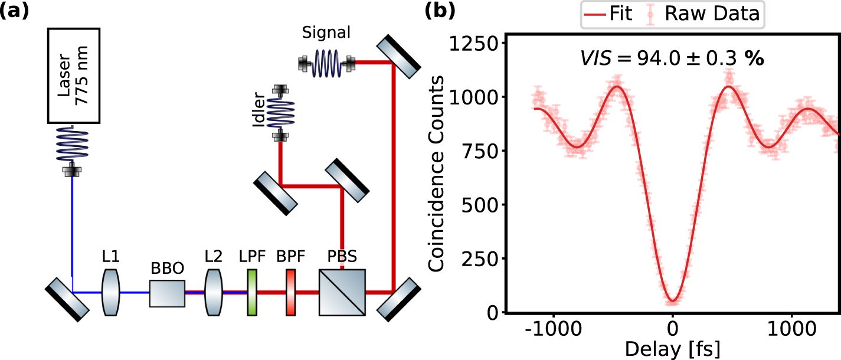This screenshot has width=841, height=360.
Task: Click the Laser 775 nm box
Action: (x=73, y=76)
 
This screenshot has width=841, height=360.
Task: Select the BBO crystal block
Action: (x=167, y=293)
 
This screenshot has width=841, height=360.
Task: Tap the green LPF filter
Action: (x=252, y=292)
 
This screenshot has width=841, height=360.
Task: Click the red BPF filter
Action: (x=290, y=292)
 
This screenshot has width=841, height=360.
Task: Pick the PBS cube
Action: (x=342, y=293)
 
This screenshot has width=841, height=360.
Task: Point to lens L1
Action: (x=110, y=292)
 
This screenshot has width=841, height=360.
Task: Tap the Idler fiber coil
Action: (x=280, y=113)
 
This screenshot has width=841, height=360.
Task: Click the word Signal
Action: (x=326, y=33)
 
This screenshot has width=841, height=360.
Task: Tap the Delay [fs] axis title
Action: (x=672, y=349)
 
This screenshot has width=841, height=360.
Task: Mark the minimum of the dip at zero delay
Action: (x=673, y=301)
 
